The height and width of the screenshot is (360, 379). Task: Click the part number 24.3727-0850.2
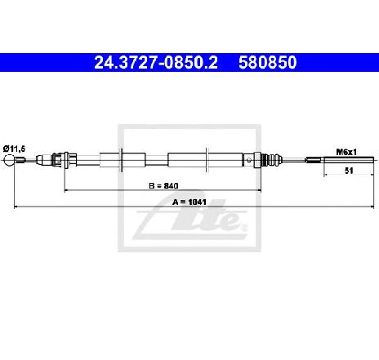pos(156,62)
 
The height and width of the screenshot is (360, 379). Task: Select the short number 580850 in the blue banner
pos(268,62)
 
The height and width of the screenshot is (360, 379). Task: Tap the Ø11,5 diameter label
pos(14,149)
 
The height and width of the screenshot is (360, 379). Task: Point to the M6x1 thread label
pos(346,152)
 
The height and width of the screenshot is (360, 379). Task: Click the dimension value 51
pos(349,171)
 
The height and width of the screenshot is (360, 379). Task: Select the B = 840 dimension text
pos(163,185)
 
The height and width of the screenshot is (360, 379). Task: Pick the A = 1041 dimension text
pos(189,202)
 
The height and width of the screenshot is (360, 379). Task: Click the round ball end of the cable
pos(9,160)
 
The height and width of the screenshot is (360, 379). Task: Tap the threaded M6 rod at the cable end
pos(349,160)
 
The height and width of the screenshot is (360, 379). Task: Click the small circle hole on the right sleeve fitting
pos(249,160)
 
